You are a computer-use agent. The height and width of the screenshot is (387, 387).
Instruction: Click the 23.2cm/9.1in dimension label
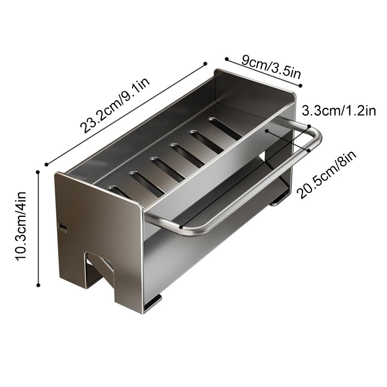115,106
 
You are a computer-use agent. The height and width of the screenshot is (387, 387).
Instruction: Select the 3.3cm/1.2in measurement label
339,111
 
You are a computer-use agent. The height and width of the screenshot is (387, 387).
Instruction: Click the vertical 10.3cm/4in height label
21,225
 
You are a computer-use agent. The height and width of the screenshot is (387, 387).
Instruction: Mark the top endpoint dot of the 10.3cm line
38,172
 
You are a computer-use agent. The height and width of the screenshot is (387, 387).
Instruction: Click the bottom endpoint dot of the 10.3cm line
38,285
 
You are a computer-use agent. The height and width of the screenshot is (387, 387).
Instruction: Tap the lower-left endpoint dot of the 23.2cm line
46,164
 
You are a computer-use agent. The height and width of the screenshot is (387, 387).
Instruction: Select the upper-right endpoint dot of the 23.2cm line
205,64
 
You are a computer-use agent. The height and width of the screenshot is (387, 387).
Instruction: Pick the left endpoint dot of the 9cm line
227,59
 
